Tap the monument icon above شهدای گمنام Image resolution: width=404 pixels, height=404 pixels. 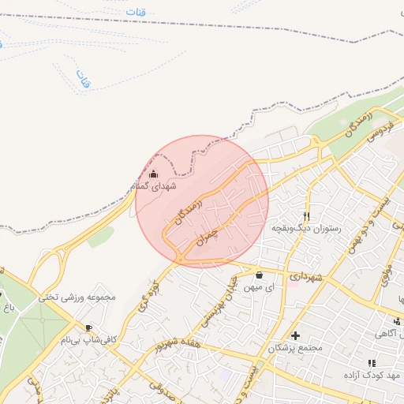coord(153,174)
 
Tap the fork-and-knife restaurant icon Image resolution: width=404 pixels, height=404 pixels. coord(307,216)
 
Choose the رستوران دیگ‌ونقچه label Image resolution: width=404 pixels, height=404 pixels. coord(306,228)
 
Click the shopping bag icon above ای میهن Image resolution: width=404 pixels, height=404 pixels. coord(260,275)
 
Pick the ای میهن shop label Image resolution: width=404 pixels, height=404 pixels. coord(260,288)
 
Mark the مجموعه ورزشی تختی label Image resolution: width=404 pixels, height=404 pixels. coord(78,297)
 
